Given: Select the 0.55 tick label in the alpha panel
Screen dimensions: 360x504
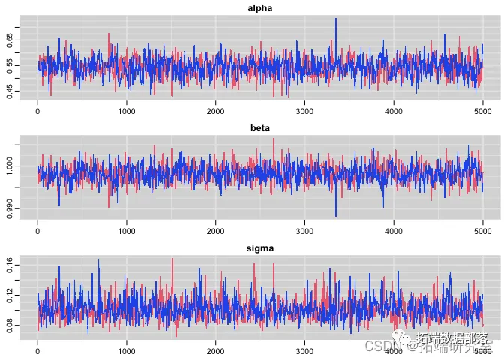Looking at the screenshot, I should (x=9, y=65).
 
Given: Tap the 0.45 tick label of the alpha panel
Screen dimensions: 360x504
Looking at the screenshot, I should (x=9, y=91).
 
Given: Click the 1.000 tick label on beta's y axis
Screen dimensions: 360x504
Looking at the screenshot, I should (x=9, y=166).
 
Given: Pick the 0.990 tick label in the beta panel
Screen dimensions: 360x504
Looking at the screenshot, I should (x=9, y=207).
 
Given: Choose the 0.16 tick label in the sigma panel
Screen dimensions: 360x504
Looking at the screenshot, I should (x=9, y=265).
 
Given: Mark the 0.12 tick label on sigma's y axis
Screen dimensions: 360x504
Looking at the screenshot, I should (x=9, y=295).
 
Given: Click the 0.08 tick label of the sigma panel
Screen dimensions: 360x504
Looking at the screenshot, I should (x=9, y=326).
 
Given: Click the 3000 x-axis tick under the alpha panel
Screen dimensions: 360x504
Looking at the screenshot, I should (x=305, y=112).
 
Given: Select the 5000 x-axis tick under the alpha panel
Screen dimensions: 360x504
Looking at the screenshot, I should (x=483, y=112).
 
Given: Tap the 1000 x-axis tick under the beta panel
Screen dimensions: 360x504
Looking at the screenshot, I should (x=127, y=232).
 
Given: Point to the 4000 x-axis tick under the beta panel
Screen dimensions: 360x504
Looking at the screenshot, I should (x=394, y=232).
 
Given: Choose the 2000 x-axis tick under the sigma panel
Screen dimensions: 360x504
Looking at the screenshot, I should (x=216, y=350).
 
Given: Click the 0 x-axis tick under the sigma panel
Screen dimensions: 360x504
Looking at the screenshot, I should (x=38, y=350).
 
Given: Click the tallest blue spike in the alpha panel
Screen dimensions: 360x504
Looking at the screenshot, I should (x=336, y=19).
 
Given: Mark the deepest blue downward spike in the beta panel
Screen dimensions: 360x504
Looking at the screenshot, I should (x=336, y=215).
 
